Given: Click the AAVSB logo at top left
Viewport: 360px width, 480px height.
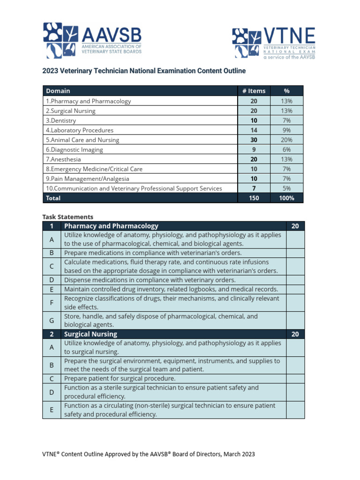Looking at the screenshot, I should coord(92,40).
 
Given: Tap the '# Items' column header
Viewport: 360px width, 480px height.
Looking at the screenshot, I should coord(254,91).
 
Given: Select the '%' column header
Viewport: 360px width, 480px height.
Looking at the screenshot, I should coord(287,91).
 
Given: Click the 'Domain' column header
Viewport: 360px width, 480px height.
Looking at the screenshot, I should coord(58,91).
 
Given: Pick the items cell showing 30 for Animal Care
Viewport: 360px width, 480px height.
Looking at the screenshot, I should coord(254,140).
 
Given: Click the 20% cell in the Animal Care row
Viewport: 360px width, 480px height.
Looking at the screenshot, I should coord(287,140).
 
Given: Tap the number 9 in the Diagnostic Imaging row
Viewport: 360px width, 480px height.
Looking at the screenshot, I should coord(254,150).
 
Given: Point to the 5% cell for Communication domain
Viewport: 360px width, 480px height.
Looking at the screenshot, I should coord(287,188).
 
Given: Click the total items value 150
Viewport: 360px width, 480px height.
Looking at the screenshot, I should coord(254,198).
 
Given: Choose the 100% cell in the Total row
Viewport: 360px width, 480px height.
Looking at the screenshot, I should coord(287,198).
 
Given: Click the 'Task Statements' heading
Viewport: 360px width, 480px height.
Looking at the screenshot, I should coord(67,217).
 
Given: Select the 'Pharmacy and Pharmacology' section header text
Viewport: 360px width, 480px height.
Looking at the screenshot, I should coord(111,226).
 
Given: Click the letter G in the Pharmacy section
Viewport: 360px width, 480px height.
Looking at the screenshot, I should coord(52,321).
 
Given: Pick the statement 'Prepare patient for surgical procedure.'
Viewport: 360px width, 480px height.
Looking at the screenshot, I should coord(120,378).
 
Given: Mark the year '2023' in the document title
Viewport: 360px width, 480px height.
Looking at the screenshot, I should coord(51,71).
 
